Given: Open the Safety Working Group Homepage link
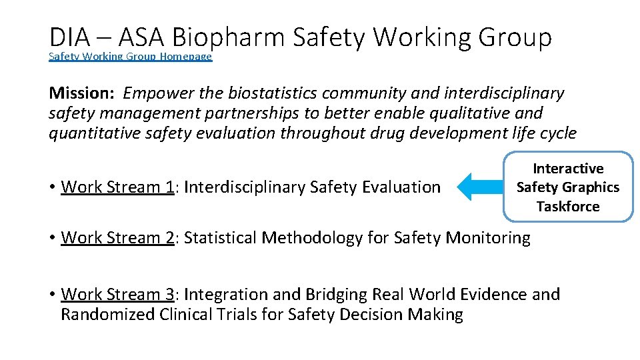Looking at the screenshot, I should [130, 57].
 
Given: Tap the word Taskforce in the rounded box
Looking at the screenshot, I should [568, 207].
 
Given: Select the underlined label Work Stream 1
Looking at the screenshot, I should [117, 187].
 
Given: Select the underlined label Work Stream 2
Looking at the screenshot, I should [117, 237].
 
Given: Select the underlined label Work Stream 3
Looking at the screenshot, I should [117, 294].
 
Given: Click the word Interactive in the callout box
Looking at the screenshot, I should [568, 169].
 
